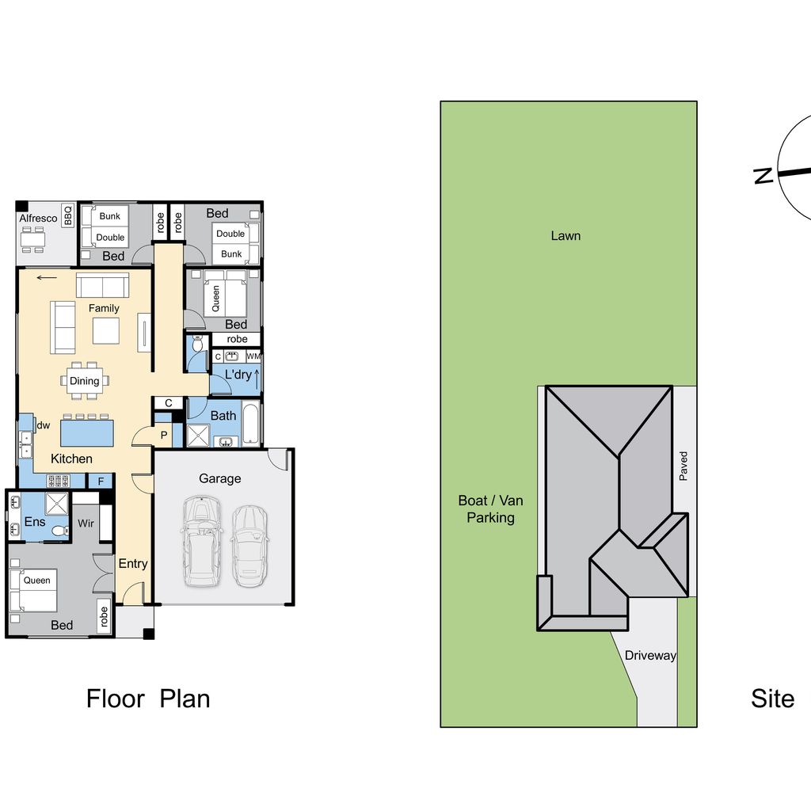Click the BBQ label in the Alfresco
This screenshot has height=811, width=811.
[x=68, y=215]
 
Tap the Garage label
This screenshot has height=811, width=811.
[x=220, y=479]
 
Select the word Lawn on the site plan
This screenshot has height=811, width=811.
[x=565, y=236]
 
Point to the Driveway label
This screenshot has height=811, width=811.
[x=650, y=656]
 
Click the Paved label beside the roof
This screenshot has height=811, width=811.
[x=683, y=466]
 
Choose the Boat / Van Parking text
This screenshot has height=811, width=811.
[x=490, y=509]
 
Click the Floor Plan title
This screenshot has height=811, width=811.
[x=148, y=699]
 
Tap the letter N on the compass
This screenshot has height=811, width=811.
[x=763, y=176]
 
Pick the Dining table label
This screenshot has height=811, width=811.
[x=84, y=381]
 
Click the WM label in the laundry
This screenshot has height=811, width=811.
[x=253, y=356]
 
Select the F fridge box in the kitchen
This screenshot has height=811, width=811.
[x=101, y=482]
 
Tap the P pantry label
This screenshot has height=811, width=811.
[x=164, y=436]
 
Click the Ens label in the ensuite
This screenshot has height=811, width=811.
[x=35, y=522]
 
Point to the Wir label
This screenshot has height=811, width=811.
[x=86, y=524]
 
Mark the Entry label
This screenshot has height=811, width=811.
[x=133, y=564]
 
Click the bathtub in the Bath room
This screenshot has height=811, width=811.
[x=251, y=424]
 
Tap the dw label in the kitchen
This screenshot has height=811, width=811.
[x=44, y=425]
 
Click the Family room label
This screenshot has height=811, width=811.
[x=104, y=308]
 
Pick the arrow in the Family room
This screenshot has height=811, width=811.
[x=47, y=278]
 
